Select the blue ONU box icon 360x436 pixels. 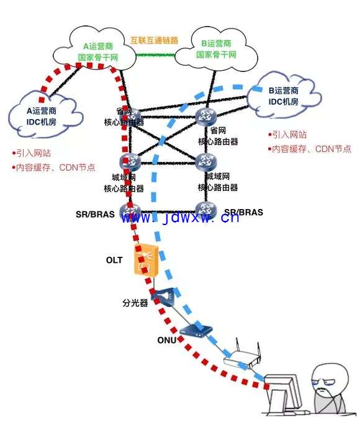[196, 331]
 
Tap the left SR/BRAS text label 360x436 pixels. [95, 214]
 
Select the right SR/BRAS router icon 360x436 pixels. [206, 210]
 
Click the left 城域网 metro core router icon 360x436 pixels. [130, 161]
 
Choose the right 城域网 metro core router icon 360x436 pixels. [206, 161]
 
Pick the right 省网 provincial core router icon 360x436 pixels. [206, 116]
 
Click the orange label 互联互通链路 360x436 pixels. [154, 40]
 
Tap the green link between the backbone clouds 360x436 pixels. [155, 55]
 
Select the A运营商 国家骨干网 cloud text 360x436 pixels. [98, 51]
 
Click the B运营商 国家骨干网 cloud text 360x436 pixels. [216, 49]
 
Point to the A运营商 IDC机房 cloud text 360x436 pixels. [42, 117]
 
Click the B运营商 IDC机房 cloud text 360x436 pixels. [284, 96]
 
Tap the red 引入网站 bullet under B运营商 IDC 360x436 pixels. [287, 135]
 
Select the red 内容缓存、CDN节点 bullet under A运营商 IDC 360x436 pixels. [53, 167]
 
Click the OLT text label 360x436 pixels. [114, 260]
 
